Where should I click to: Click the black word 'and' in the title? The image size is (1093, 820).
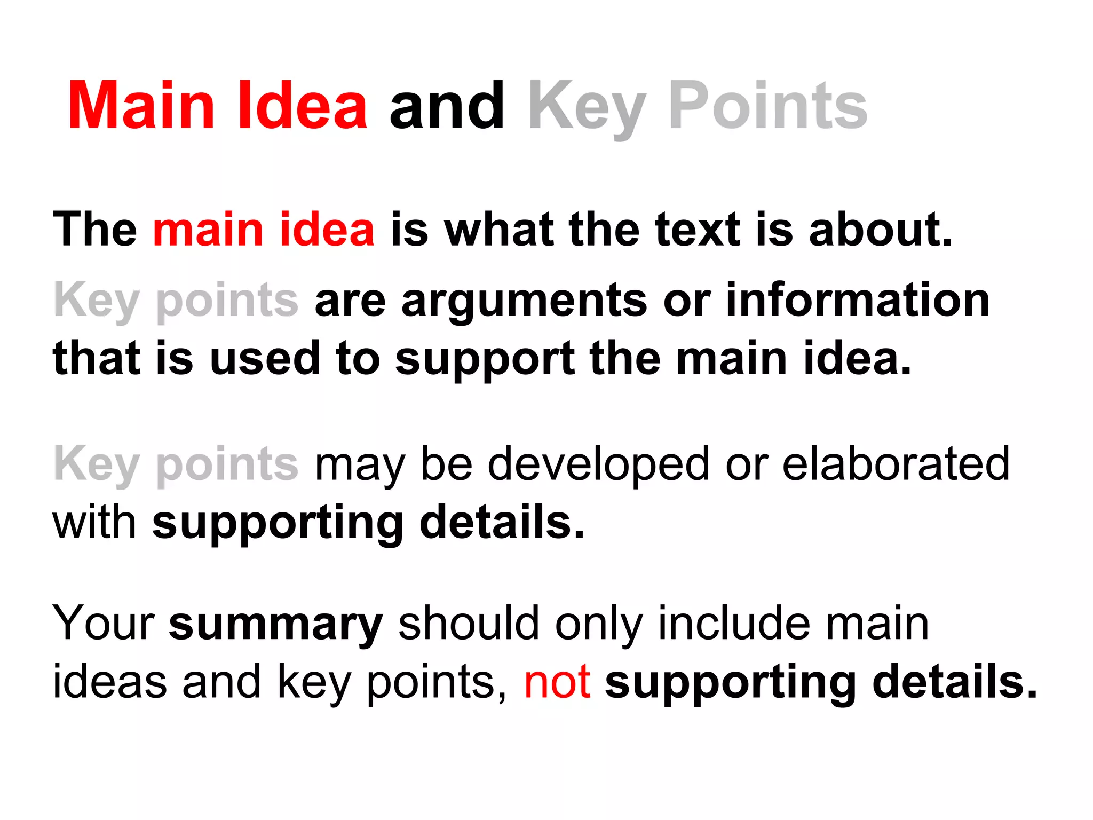[x=447, y=106]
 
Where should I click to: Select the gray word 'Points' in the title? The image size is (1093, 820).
[x=768, y=106]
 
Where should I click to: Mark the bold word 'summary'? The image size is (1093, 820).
[x=276, y=625]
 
